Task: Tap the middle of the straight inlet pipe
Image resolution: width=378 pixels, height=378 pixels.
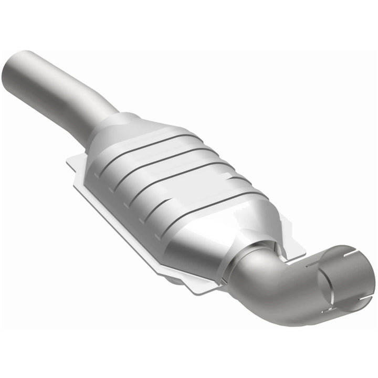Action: click(x=58, y=97)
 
